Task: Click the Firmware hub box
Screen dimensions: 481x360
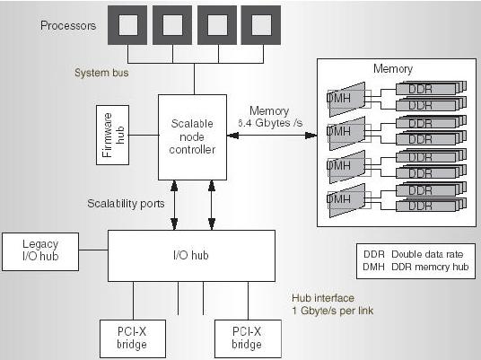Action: tap(112, 135)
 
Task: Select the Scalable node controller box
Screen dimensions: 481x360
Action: tap(192, 137)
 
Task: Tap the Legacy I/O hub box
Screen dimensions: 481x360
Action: tap(40, 251)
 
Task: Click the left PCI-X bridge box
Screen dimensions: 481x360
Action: tap(133, 338)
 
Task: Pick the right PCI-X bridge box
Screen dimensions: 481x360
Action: tap(248, 338)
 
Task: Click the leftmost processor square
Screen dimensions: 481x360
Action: tap(127, 25)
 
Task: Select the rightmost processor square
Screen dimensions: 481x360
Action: tap(261, 25)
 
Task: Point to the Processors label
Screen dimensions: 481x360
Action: tap(68, 25)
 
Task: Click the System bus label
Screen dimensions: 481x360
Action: tap(101, 73)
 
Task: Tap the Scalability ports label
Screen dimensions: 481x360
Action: tap(126, 204)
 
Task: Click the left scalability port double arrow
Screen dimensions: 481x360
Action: tap(174, 205)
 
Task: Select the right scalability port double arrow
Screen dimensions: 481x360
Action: tap(212, 205)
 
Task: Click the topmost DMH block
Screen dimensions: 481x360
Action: tap(347, 99)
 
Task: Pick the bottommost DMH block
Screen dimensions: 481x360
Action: tap(347, 200)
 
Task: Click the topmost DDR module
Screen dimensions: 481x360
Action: tap(431, 88)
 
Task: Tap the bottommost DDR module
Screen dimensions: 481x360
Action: tap(431, 205)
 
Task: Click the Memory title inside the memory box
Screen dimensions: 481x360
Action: tap(393, 69)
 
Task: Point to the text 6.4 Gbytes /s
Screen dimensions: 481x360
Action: tap(270, 123)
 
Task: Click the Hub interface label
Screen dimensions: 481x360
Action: tap(323, 298)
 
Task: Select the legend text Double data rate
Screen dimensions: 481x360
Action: tap(427, 254)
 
